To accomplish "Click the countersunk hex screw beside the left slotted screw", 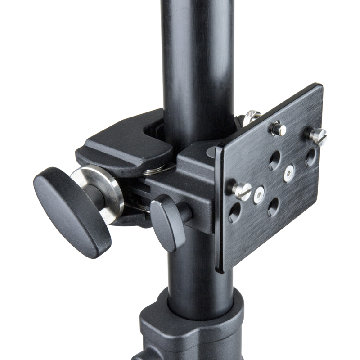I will pos(259,193).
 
